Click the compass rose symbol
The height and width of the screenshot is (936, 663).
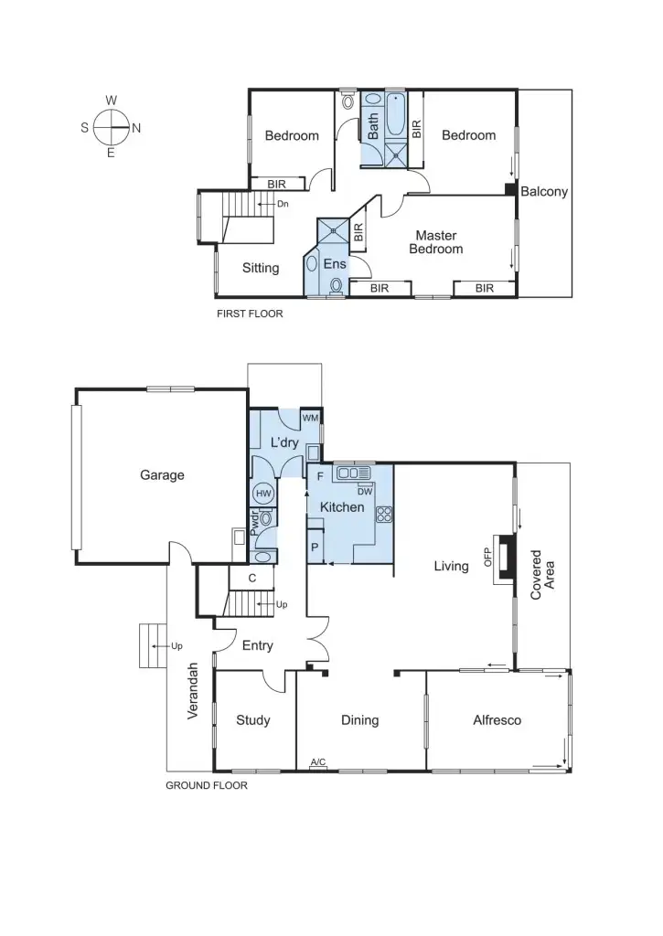[x=111, y=127]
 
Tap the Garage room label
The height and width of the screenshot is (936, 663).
[x=162, y=474]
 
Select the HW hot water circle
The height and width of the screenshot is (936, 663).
[x=263, y=494]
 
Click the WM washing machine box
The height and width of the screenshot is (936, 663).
[x=311, y=418]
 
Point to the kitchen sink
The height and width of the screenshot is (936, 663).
[x=352, y=473]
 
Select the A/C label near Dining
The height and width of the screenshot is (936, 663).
[x=318, y=761]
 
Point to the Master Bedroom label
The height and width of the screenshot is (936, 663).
[x=435, y=242]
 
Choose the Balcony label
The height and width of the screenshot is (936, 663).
[x=544, y=192]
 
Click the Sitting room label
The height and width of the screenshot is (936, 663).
[x=261, y=269]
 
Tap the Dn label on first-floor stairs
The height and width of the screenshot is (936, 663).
[x=283, y=204]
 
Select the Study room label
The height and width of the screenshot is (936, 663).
[x=252, y=720]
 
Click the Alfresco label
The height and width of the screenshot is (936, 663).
[x=497, y=720]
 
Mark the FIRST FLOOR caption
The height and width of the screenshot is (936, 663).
[x=250, y=314]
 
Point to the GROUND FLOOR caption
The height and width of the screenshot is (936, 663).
[x=206, y=784]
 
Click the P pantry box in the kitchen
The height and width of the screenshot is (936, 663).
[x=315, y=548]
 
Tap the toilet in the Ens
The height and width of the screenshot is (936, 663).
[x=336, y=286]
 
